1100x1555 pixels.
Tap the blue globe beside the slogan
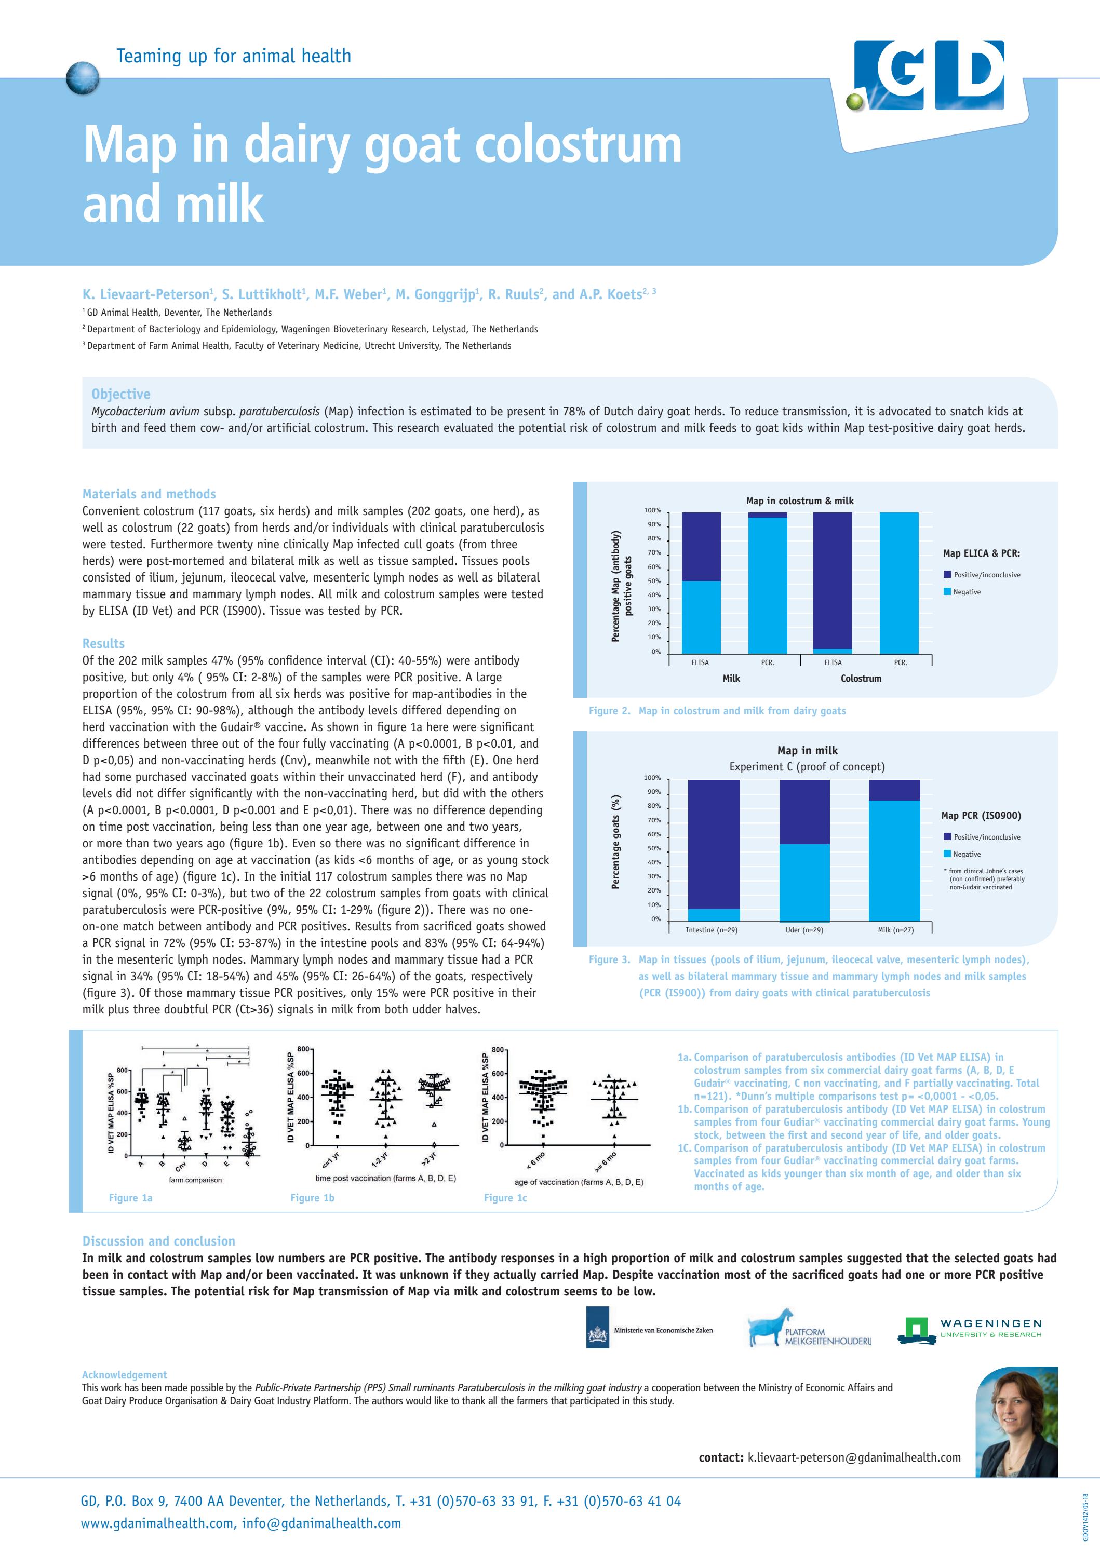coord(83,78)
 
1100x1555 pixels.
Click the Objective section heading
coord(120,394)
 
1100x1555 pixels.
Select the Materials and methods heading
coord(149,494)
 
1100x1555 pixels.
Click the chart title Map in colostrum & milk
coord(799,501)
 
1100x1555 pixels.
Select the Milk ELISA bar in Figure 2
coord(701,583)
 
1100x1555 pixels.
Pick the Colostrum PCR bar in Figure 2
coord(899,583)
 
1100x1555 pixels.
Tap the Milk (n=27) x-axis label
coord(895,930)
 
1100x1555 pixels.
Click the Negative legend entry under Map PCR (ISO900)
coord(967,854)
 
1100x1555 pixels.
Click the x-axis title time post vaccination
coord(385,1179)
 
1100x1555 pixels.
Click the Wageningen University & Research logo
coord(969,1331)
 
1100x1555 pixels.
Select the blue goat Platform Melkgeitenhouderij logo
coord(810,1329)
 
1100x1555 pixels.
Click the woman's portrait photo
coord(1016,1422)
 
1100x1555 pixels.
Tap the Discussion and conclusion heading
coord(158,1241)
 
